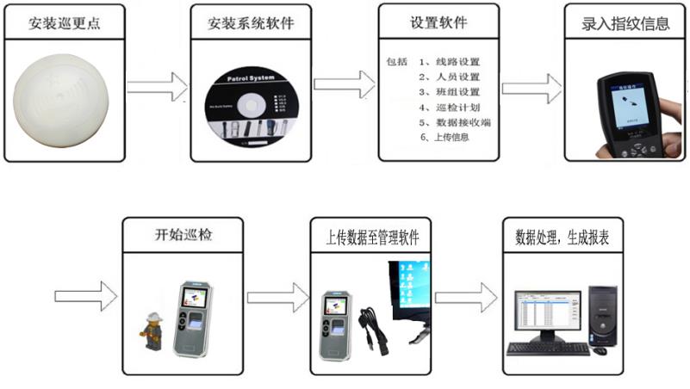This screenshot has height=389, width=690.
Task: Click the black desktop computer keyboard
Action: [x=548, y=349]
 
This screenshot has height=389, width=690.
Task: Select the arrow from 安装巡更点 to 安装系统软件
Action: [x=158, y=86]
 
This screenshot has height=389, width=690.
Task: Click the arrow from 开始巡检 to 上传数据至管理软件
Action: [x=277, y=297]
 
